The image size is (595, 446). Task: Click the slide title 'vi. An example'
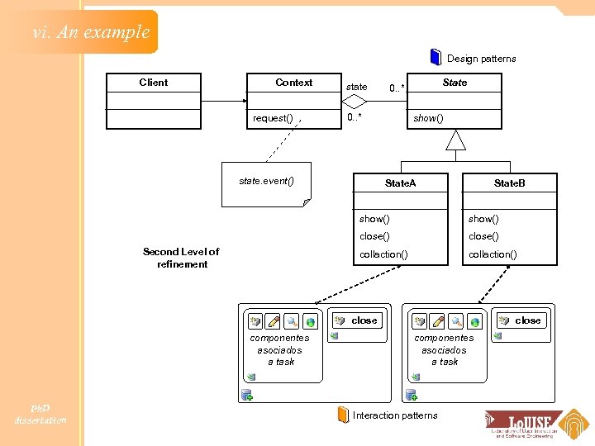[91, 32]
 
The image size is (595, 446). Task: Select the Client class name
[153, 83]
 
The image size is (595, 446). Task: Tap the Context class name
[293, 83]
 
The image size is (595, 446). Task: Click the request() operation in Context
[273, 118]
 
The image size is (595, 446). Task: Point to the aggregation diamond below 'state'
[355, 102]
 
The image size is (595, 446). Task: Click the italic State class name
[455, 83]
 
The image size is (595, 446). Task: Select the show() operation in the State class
[428, 118]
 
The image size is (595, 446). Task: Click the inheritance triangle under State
[455, 140]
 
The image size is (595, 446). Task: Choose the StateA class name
[401, 183]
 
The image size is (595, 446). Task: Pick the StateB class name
[509, 183]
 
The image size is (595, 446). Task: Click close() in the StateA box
[374, 236]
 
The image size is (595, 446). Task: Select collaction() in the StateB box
[493, 254]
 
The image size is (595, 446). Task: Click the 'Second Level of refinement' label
[181, 258]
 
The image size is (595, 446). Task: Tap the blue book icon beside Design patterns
[436, 57]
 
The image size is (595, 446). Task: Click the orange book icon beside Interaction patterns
[343, 415]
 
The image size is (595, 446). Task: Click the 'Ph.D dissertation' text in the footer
[40, 414]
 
